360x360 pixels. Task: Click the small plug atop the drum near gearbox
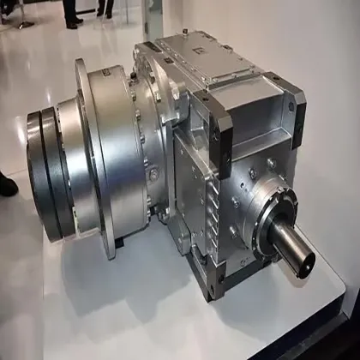135,77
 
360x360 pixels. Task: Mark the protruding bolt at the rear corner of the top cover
160,38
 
